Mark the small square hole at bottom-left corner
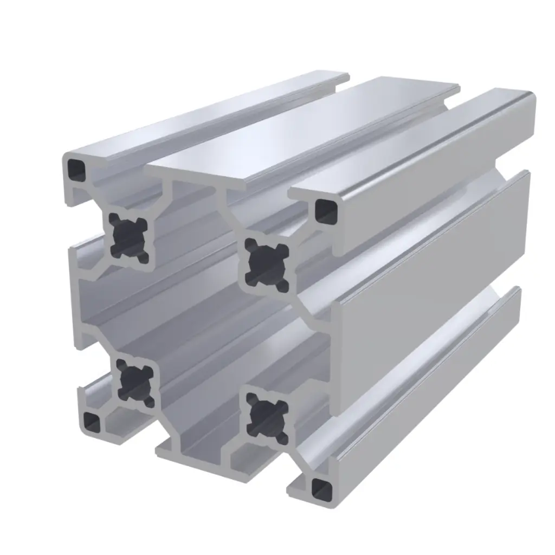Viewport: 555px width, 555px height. pyautogui.click(x=93, y=422)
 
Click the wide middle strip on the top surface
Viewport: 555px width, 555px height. pyautogui.click(x=304, y=130)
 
